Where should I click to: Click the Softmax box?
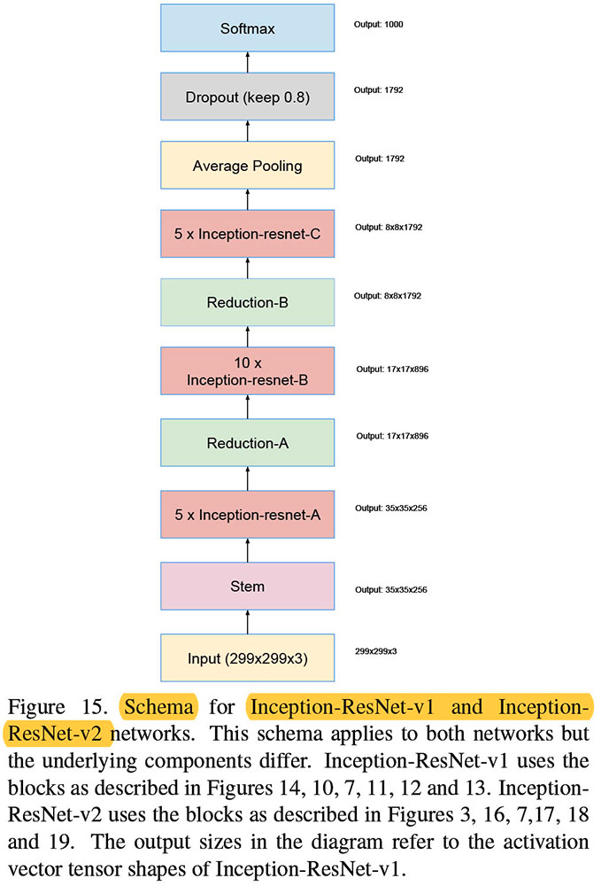[x=247, y=29]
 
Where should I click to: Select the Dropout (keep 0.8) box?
[x=247, y=97]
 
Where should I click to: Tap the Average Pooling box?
[x=247, y=166]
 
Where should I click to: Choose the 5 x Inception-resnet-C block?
[x=247, y=235]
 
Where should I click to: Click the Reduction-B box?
[x=247, y=303]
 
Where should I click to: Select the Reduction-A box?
[x=247, y=442]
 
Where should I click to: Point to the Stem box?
[x=247, y=587]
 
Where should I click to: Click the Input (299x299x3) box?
[x=247, y=657]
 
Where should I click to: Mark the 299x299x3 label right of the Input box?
[x=376, y=651]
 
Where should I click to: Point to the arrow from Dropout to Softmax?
[x=247, y=63]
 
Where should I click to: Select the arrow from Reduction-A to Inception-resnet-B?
[x=247, y=408]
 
